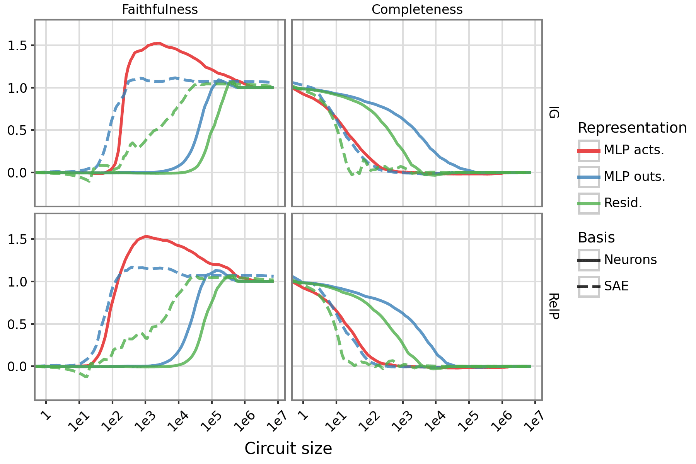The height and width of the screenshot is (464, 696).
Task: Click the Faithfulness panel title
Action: (160, 10)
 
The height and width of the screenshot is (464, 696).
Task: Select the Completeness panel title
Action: (417, 10)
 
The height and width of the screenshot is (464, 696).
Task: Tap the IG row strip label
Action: (554, 113)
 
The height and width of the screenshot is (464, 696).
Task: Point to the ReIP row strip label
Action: (554, 306)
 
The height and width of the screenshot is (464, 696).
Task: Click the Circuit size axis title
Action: (288, 449)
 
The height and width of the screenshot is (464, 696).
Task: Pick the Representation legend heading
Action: (632, 128)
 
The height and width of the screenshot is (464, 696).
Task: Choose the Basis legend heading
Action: (596, 237)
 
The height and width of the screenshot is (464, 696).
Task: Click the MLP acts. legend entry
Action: (634, 150)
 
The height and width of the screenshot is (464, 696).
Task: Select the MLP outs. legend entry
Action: (635, 177)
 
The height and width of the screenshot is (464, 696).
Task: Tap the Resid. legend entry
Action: (623, 203)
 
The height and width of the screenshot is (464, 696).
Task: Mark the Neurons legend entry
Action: (630, 259)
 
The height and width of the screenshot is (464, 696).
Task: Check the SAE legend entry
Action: (616, 286)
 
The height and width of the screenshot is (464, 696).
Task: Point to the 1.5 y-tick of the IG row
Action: (18, 46)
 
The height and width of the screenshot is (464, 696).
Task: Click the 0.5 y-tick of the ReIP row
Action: (18, 324)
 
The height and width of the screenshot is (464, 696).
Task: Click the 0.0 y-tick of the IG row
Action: (18, 172)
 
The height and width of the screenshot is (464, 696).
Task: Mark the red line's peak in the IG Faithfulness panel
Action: (159, 43)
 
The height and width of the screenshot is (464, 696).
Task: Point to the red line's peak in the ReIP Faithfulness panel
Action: (146, 236)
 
